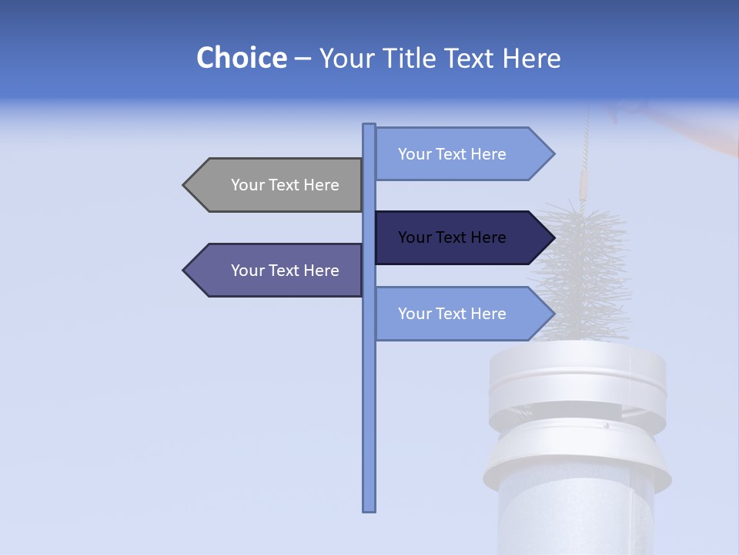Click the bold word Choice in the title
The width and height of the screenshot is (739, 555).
(x=241, y=58)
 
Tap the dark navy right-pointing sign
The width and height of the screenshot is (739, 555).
(x=458, y=237)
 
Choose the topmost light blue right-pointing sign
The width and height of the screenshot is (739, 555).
(x=458, y=154)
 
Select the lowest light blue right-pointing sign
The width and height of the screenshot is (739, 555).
(x=458, y=314)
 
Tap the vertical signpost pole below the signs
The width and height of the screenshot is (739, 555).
(x=369, y=424)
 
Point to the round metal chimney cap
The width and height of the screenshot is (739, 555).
(x=577, y=378)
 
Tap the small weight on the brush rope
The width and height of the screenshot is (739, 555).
(x=583, y=185)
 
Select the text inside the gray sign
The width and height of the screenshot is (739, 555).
(x=285, y=185)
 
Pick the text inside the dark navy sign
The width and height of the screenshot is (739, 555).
(x=452, y=237)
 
